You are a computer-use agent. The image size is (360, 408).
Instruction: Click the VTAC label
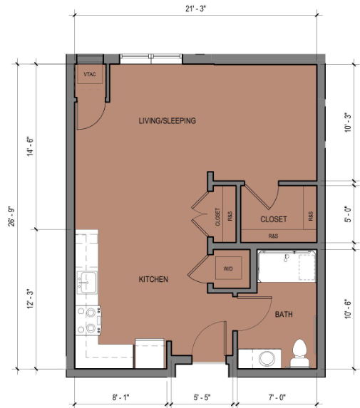(90, 75)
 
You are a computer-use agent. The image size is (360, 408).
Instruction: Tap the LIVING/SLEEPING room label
(168, 121)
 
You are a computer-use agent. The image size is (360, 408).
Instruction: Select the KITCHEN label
(153, 279)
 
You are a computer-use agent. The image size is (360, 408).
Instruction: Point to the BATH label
(284, 314)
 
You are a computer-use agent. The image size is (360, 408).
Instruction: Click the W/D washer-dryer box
(228, 268)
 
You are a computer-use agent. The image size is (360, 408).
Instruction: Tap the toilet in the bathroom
(299, 353)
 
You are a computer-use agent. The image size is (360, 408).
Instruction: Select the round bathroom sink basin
(267, 358)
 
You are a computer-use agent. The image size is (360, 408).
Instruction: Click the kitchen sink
(87, 283)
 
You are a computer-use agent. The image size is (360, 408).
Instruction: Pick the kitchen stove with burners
(88, 320)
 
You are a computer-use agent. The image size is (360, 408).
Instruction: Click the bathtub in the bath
(287, 266)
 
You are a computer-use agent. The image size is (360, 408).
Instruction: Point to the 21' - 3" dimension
(195, 9)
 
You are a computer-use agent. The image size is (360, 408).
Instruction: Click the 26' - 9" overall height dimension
(11, 216)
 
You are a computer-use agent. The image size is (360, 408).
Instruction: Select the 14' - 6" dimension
(30, 146)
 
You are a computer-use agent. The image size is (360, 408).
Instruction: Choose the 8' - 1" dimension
(120, 397)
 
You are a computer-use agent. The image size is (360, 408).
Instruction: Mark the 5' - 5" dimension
(202, 397)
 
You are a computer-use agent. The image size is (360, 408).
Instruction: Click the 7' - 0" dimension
(277, 397)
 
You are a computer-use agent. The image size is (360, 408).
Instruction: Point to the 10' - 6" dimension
(348, 309)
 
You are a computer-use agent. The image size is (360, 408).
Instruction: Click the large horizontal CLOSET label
(274, 219)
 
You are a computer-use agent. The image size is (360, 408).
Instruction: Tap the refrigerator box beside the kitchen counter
(150, 353)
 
